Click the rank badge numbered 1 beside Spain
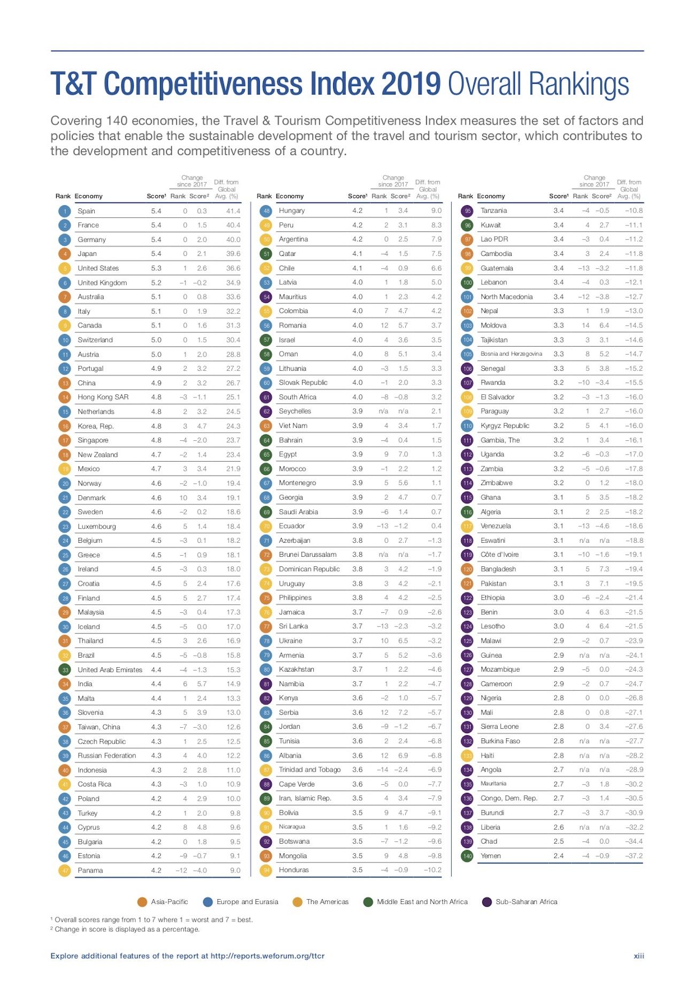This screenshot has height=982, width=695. (x=65, y=211)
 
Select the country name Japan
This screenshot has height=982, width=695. (x=87, y=254)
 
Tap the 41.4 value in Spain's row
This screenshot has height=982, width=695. (x=233, y=211)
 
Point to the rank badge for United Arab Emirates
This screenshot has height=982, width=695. (x=65, y=670)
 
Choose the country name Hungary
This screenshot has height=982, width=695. (x=292, y=211)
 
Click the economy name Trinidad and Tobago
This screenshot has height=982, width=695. (x=310, y=770)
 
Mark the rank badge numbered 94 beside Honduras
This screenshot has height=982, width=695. (x=266, y=870)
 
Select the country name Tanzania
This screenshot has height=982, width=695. (x=494, y=211)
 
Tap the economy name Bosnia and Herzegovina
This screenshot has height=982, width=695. (x=511, y=354)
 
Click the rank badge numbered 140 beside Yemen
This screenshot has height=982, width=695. (x=467, y=856)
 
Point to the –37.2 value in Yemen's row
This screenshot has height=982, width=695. (x=634, y=856)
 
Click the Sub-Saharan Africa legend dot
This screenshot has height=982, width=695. (x=487, y=902)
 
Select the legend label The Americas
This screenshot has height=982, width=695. (x=327, y=902)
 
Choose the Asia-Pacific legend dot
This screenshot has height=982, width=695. (x=142, y=902)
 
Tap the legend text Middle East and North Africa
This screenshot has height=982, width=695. (x=422, y=902)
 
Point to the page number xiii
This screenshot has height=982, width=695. (x=639, y=956)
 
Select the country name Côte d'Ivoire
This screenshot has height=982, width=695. (x=499, y=555)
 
